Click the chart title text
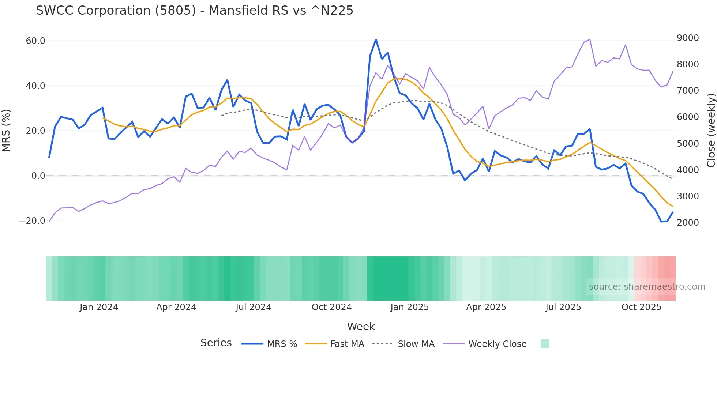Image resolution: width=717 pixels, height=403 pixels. [x=194, y=11]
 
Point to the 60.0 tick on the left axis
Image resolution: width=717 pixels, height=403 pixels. [x=35, y=41]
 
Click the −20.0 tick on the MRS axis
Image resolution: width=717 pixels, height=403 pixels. [x=32, y=221]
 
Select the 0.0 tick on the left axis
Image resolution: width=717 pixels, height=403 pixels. [x=38, y=176]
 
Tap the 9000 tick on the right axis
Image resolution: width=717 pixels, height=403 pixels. [x=688, y=38]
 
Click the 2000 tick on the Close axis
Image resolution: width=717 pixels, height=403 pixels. [x=688, y=222]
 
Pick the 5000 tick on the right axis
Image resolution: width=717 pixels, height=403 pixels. [x=688, y=143]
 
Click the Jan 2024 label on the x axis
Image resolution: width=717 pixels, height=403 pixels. [x=99, y=307]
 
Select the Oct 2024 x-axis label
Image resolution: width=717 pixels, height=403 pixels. [x=331, y=307]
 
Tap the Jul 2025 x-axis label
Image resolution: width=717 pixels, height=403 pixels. [x=563, y=307]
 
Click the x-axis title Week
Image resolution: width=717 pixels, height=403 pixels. [x=361, y=327]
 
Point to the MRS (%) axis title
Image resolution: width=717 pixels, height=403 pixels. [x=6, y=130]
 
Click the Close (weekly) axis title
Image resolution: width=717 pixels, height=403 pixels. [x=711, y=130]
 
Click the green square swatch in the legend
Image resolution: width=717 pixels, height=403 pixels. [x=545, y=344]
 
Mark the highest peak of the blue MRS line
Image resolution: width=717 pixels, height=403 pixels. [x=376, y=39]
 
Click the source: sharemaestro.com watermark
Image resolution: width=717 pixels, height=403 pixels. [x=647, y=287]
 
